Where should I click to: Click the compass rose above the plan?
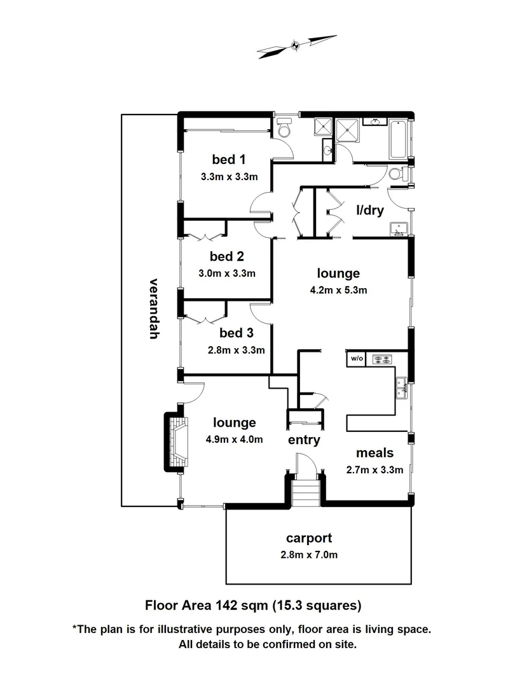(296, 46)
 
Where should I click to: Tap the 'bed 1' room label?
(228, 160)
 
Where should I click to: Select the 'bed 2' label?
(227, 257)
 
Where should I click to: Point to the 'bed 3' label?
(236, 333)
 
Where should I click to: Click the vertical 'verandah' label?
(153, 309)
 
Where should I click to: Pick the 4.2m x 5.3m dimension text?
(338, 290)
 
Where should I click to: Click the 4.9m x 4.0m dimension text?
(234, 439)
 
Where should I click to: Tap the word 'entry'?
(304, 440)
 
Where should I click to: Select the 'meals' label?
(374, 453)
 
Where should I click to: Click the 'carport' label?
(309, 538)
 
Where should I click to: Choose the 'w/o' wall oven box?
(356, 359)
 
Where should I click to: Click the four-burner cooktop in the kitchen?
(381, 359)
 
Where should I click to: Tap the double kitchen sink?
(402, 385)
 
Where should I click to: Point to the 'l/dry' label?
(369, 209)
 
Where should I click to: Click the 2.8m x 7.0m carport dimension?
(309, 555)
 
